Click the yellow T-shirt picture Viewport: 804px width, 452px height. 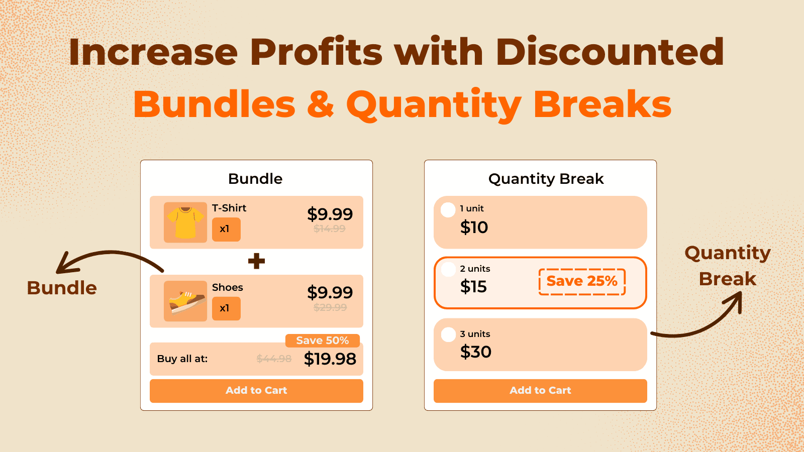click(185, 222)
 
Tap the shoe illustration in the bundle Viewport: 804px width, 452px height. click(185, 301)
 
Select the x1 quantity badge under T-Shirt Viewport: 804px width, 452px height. click(226, 229)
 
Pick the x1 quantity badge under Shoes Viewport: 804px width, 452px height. click(226, 308)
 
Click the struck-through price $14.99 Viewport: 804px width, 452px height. click(330, 229)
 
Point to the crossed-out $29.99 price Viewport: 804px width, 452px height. click(330, 307)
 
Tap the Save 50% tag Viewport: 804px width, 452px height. click(323, 341)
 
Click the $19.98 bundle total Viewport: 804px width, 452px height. click(330, 359)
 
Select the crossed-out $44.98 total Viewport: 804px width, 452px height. click(274, 359)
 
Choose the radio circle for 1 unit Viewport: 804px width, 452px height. click(448, 210)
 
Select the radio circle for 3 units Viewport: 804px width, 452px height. click(448, 334)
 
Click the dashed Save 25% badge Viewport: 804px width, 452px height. click(582, 281)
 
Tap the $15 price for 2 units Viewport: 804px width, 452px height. click(473, 287)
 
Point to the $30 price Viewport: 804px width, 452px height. click(475, 352)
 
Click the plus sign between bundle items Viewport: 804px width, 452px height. click(256, 261)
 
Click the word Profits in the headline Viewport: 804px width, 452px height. click(316, 52)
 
